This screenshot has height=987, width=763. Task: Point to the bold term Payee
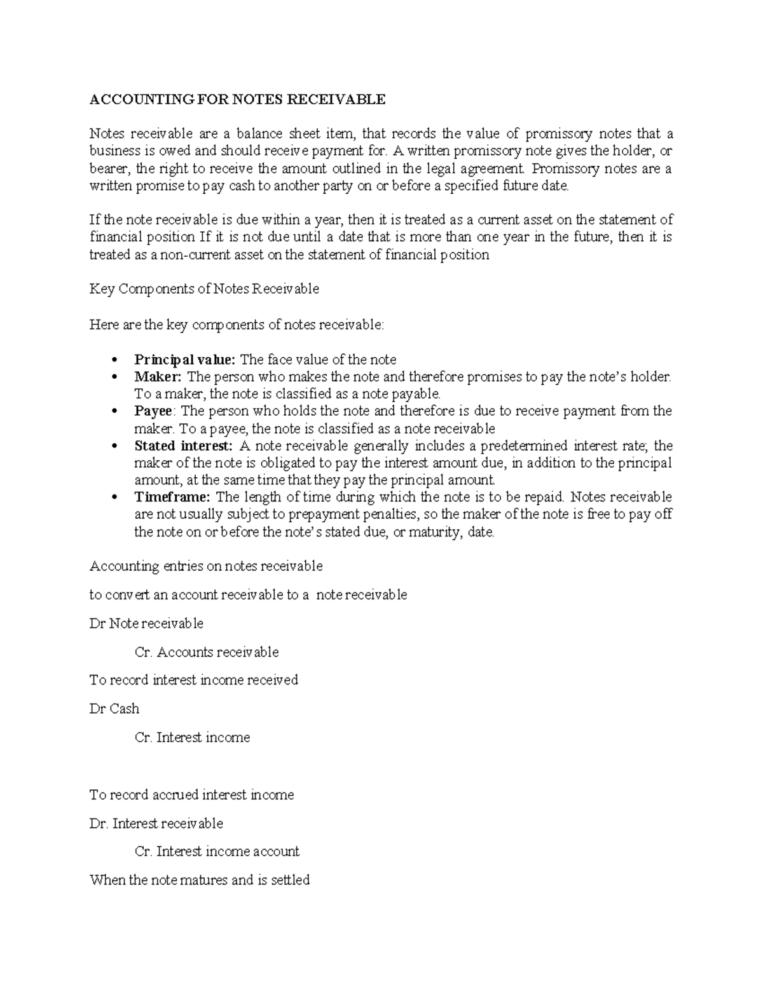(153, 411)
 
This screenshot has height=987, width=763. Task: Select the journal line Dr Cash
(114, 709)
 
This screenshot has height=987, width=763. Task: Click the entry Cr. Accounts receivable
(207, 652)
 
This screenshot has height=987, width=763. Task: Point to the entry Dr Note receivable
(146, 623)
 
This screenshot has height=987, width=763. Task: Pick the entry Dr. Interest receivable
(156, 824)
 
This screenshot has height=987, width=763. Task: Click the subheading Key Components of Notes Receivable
(204, 289)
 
